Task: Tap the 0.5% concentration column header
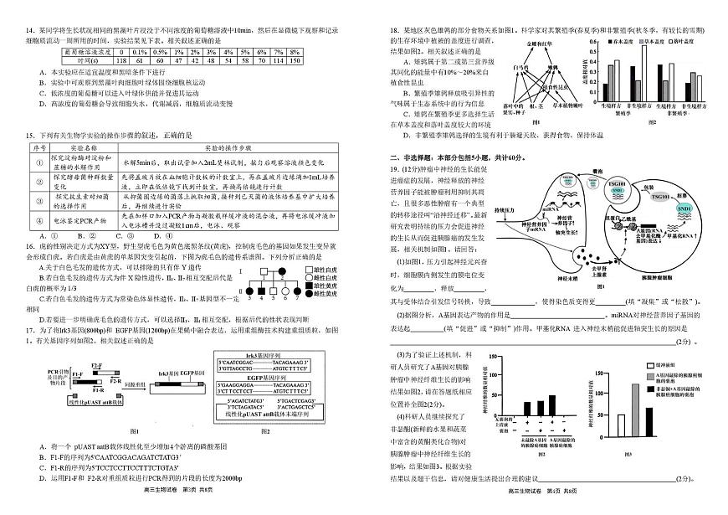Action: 157,51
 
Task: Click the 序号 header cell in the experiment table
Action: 38,147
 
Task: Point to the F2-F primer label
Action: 95,366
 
